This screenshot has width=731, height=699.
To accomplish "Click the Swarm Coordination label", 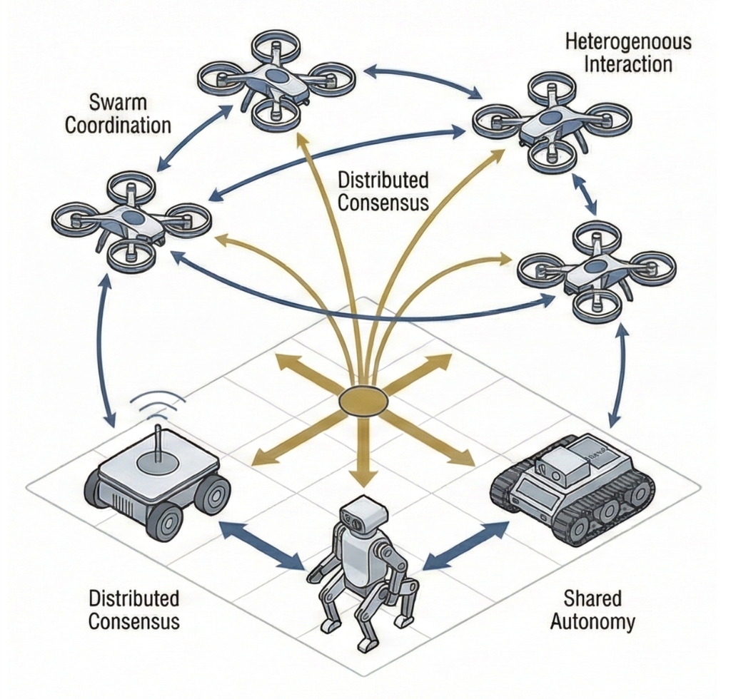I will pos(118,113).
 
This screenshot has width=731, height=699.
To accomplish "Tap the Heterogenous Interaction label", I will pos(628,52).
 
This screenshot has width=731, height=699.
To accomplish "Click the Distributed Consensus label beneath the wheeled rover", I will pos(134,609).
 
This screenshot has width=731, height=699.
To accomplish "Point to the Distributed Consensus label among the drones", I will pos(383,190).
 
